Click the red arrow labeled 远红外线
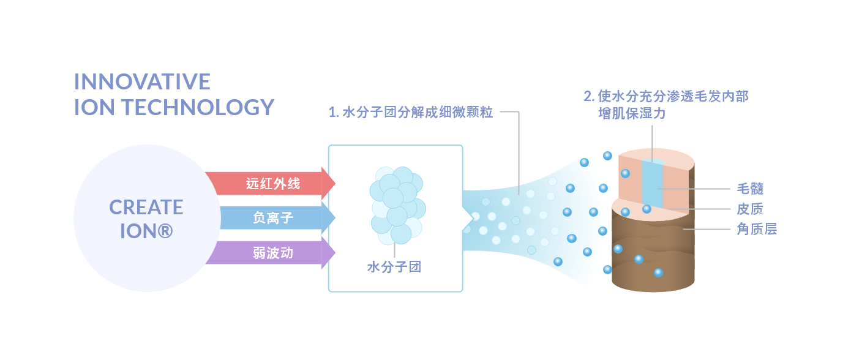[x=269, y=183]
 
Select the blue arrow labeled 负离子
[x=269, y=217]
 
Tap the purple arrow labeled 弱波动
[x=269, y=252]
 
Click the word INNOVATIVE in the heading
[x=142, y=81]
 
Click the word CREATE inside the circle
[x=146, y=208]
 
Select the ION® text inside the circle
[x=146, y=231]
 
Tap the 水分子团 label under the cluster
[x=394, y=267]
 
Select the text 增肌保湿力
[x=632, y=114]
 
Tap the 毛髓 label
[x=750, y=189]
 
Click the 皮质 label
[x=750, y=209]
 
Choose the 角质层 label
[x=757, y=230]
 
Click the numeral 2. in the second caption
[x=589, y=97]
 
